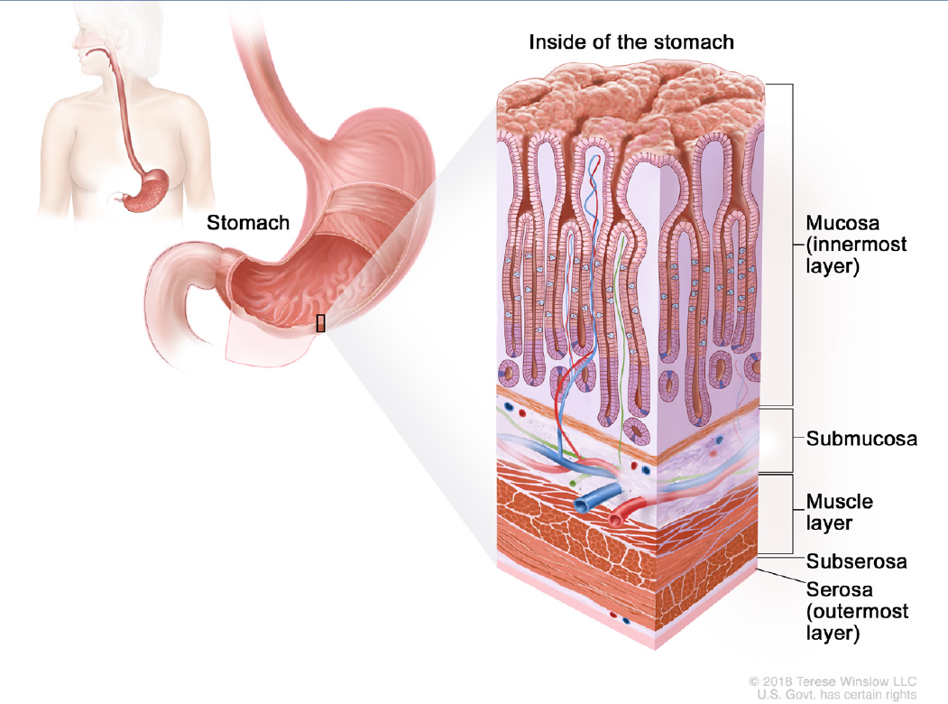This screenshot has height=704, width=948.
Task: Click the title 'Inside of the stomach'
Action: click(630, 42)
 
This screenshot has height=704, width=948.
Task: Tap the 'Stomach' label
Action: click(248, 222)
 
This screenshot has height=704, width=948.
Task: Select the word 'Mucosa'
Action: click(844, 223)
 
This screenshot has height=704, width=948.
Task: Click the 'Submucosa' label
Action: click(861, 440)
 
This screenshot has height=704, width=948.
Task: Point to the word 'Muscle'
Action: click(840, 501)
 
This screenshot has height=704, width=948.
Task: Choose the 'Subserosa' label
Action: click(856, 561)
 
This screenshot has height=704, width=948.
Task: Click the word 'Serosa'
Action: click(839, 590)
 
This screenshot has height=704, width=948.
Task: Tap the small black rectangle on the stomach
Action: click(320, 323)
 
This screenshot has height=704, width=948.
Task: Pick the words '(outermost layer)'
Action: click(857, 623)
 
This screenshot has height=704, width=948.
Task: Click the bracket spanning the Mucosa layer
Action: click(792, 244)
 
